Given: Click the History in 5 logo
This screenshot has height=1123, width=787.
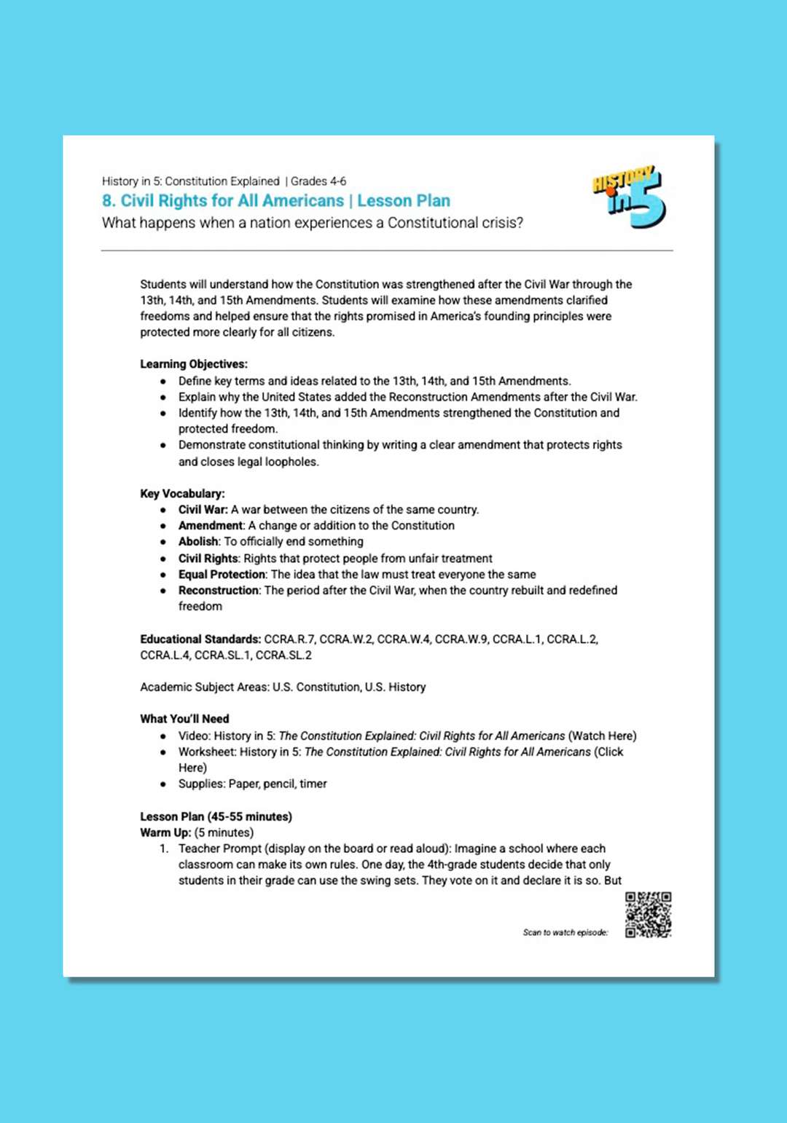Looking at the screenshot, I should click(629, 196).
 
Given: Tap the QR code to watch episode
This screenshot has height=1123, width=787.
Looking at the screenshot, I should click(648, 915).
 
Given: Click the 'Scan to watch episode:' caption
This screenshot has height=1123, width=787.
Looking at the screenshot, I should click(565, 932).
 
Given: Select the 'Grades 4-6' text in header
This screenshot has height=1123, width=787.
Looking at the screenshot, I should click(318, 181).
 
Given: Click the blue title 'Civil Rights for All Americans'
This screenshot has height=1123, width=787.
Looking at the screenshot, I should click(232, 201).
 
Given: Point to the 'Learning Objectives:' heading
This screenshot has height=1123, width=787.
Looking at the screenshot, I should click(194, 364).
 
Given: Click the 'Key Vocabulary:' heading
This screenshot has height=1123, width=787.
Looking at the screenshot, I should click(182, 494).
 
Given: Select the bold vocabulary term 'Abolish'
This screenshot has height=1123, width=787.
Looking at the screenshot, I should click(198, 542).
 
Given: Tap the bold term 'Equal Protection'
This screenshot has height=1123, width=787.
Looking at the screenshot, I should click(222, 575).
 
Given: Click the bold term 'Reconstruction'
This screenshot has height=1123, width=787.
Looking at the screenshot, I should click(219, 591).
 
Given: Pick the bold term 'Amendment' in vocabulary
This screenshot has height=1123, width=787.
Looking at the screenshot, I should click(211, 526).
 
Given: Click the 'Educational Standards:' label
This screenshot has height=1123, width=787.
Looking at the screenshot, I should click(200, 639).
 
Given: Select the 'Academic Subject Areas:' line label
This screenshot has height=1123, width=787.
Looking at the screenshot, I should click(204, 687).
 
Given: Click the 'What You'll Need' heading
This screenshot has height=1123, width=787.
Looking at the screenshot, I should click(184, 719).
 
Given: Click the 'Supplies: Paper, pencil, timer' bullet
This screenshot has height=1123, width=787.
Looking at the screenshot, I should click(252, 784).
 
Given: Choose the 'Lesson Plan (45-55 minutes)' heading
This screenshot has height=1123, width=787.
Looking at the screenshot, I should click(216, 817).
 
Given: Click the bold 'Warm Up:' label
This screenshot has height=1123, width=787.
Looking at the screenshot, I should click(165, 833).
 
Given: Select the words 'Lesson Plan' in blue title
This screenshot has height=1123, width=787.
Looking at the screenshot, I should click(404, 201).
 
